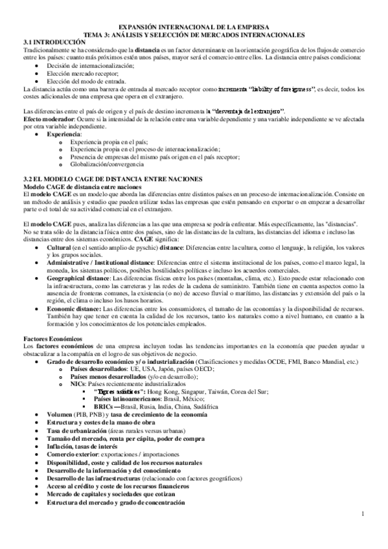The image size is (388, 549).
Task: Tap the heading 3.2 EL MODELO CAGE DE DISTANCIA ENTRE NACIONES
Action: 112,179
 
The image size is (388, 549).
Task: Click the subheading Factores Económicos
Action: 52,339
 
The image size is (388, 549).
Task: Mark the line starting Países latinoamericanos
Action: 130,399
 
